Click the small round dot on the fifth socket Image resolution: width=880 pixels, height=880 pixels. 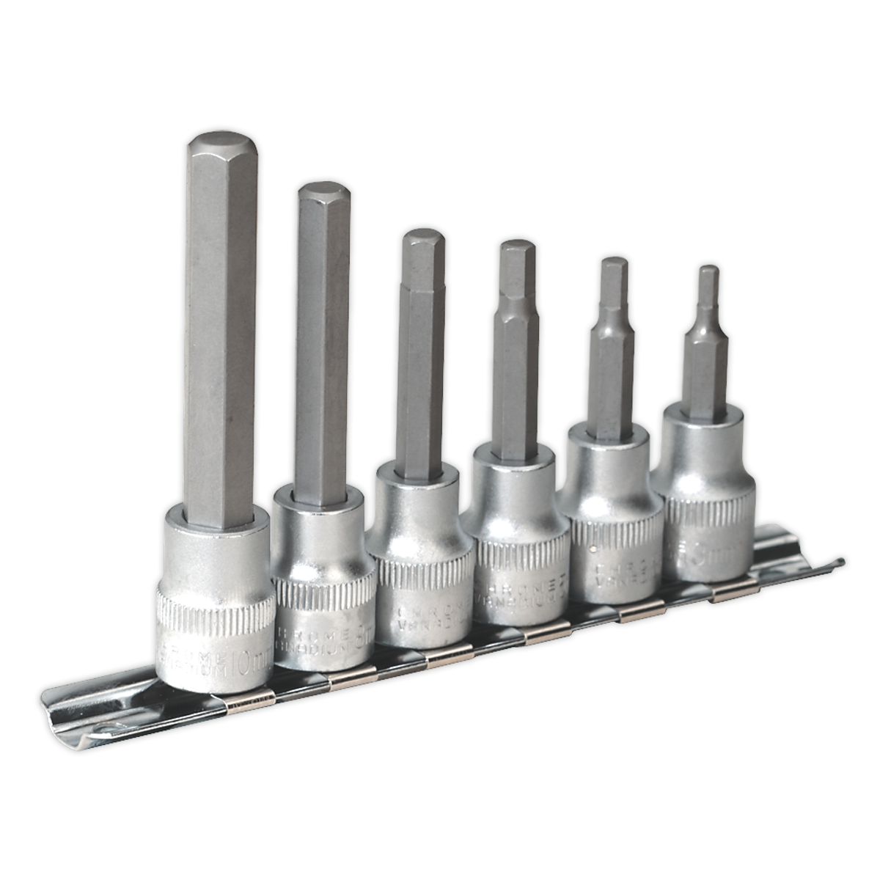click(593, 548)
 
